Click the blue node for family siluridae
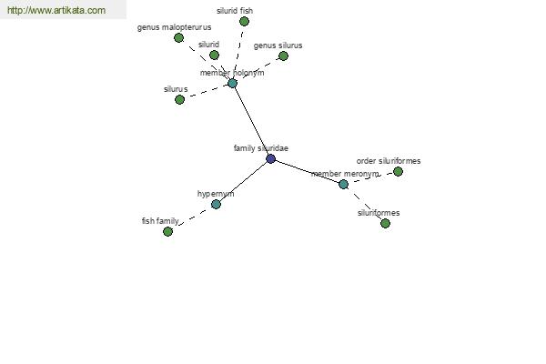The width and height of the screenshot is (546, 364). point(270,159)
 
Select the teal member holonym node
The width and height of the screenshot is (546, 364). point(232,83)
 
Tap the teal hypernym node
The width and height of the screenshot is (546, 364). point(216,205)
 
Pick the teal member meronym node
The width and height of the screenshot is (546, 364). point(343,184)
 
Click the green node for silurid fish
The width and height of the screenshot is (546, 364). point(244,22)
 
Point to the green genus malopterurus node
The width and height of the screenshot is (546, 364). point(178,37)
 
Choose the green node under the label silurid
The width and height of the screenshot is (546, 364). point(214,55)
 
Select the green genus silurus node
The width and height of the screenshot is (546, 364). point(283,56)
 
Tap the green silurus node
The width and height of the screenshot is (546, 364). point(179,100)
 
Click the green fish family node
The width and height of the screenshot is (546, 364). point(167,231)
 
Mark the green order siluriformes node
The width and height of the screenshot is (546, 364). point(398,171)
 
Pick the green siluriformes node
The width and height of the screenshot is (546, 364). point(385,223)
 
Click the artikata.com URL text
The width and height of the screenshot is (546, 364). point(56,10)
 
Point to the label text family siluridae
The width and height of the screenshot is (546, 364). point(261,148)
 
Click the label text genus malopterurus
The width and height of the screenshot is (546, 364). point(174,27)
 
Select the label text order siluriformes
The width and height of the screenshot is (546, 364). point(389,161)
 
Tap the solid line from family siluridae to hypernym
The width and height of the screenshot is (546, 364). point(243,182)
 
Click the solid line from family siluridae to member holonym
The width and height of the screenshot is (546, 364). point(251,121)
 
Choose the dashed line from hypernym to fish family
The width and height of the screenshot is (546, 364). point(192,218)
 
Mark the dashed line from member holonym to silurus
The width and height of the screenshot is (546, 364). point(206,92)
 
